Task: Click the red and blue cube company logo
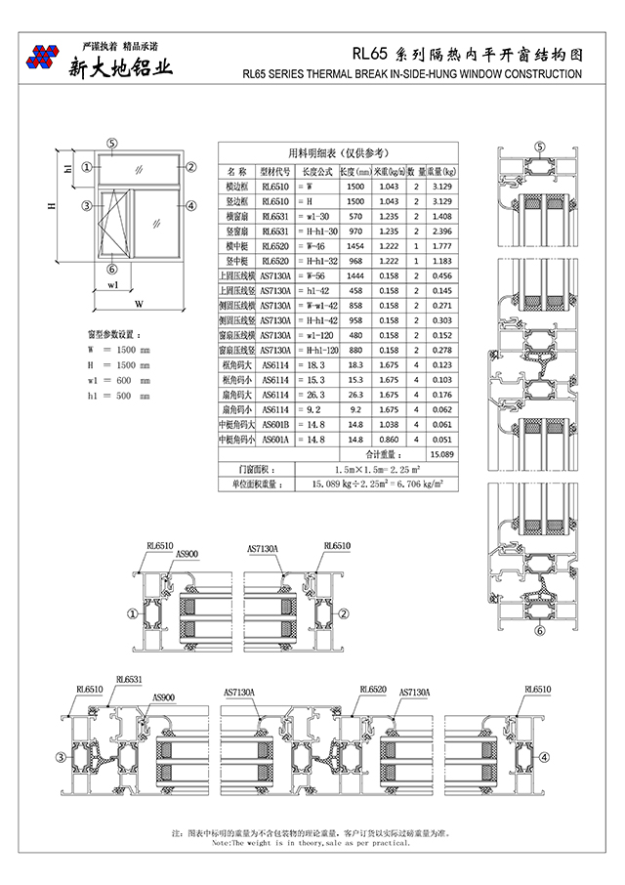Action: [42, 58]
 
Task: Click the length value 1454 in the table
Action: [355, 246]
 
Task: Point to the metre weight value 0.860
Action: [389, 440]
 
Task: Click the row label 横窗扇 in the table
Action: [237, 216]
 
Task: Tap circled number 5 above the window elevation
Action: [112, 144]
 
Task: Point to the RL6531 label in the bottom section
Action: [129, 679]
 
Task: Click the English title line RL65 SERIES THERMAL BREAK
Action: [410, 73]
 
